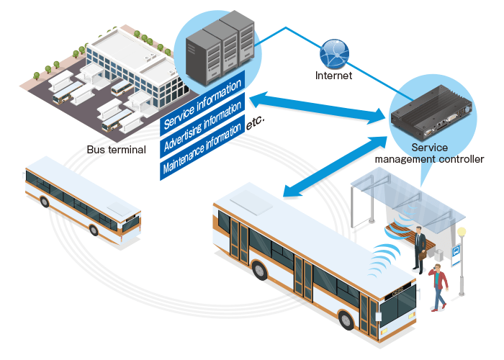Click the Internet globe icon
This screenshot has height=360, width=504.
[x=334, y=51]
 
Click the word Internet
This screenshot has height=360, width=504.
[x=334, y=74]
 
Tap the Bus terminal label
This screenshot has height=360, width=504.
[x=116, y=150]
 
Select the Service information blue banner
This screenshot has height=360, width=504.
[x=202, y=102]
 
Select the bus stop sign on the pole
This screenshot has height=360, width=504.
[x=456, y=251]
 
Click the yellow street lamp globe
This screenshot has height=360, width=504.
[x=462, y=233]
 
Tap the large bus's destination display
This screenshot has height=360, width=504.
[x=399, y=292]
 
